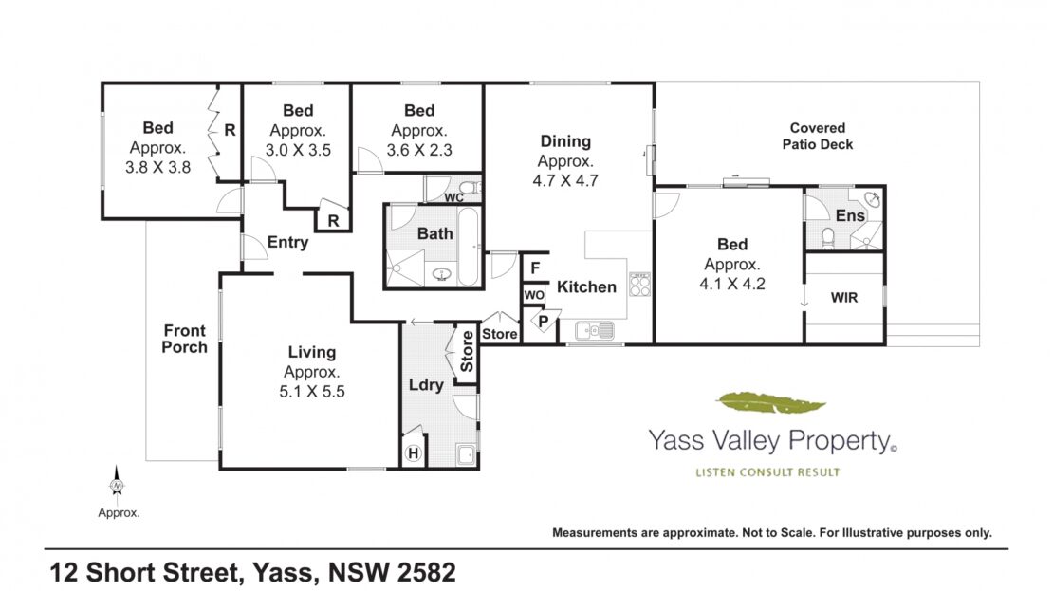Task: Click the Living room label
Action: pos(311,352)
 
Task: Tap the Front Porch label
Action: pos(185,340)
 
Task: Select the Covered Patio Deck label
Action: pos(818,136)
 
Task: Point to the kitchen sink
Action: pos(594,330)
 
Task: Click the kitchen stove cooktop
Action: pos(639,285)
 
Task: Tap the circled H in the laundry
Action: pos(414,454)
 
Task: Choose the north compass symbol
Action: pos(117,485)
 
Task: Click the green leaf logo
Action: pos(770,403)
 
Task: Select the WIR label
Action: pos(844,298)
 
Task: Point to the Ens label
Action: pos(850,215)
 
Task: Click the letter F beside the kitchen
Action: pos(535,268)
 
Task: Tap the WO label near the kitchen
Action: pos(534,295)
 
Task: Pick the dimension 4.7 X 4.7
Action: pos(565,180)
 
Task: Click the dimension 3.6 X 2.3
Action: pos(419,151)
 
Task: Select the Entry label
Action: pos(287,243)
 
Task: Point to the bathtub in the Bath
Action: pos(468,247)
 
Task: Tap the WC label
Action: pos(454,197)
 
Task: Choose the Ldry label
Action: pos(427,385)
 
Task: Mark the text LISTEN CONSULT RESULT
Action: pos(767,472)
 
